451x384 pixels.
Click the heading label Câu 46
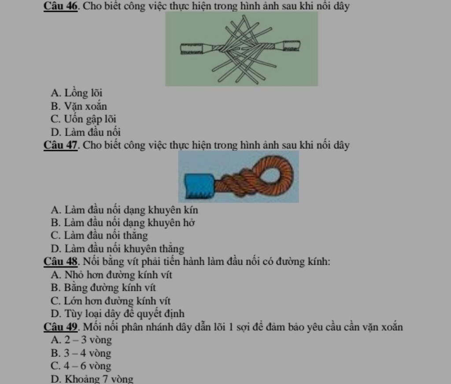pyautogui.click(x=61, y=6)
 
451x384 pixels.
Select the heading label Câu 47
pyautogui.click(x=61, y=145)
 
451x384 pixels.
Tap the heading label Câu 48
pyautogui.click(x=61, y=262)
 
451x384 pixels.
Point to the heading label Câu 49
pyautogui.click(x=61, y=327)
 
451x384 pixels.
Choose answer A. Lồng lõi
pyautogui.click(x=76, y=93)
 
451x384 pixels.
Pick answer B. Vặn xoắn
pyautogui.click(x=79, y=106)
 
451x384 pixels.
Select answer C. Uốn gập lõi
pyautogui.click(x=83, y=119)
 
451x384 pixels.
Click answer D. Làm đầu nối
pyautogui.click(x=85, y=132)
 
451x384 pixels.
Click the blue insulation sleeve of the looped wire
pyautogui.click(x=200, y=186)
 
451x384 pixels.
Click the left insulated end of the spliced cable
pyautogui.click(x=192, y=49)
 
